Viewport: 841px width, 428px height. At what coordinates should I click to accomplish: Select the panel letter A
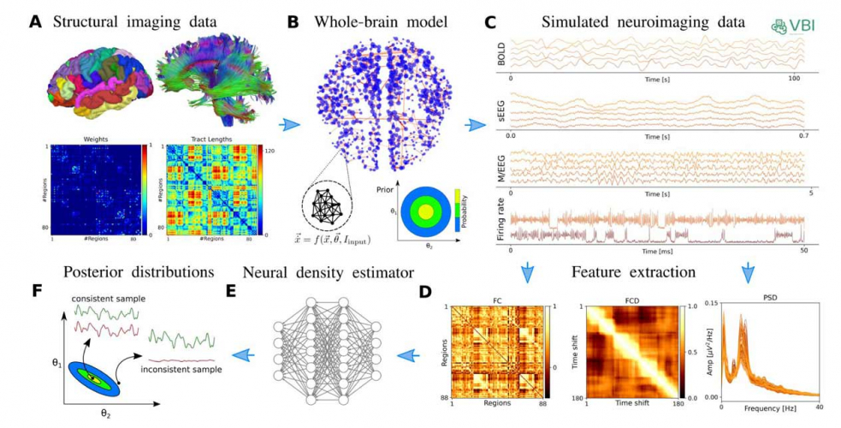(35, 21)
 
